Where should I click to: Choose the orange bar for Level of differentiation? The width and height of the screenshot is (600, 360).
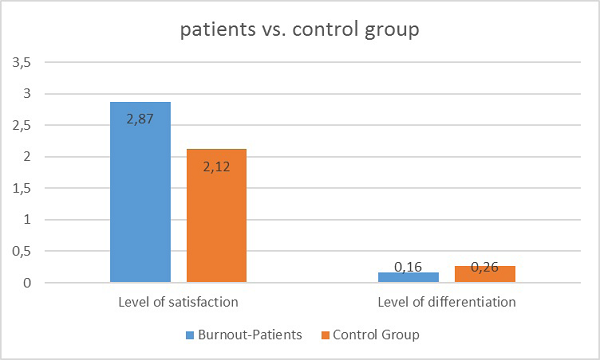coord(485,274)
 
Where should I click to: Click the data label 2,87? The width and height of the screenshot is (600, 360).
coord(140,117)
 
